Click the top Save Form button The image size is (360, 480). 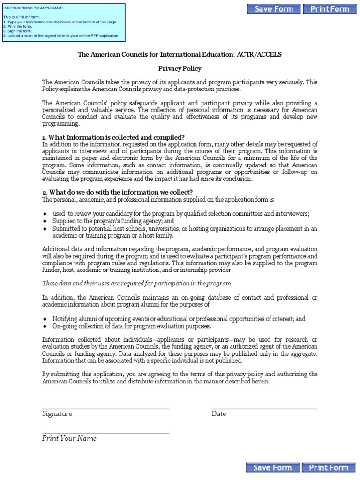[x=274, y=9]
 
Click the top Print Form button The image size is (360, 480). [x=330, y=9]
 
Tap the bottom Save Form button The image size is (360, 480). [x=272, y=467]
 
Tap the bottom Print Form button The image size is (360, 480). [x=329, y=467]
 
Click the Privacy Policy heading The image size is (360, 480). [x=180, y=68]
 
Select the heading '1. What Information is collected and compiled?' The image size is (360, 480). [x=113, y=137]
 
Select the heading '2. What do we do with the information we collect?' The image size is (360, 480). [x=117, y=192]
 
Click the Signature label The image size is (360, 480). [x=57, y=414]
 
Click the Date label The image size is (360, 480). [x=218, y=414]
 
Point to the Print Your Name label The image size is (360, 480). [x=69, y=438]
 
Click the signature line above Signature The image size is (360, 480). [x=105, y=409]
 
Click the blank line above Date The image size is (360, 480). [x=264, y=409]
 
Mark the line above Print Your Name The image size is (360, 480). [x=105, y=434]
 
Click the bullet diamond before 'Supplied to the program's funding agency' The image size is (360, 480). [x=45, y=221]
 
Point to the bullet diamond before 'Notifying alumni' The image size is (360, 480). [x=45, y=319]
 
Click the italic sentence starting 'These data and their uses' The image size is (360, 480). [x=137, y=284]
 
